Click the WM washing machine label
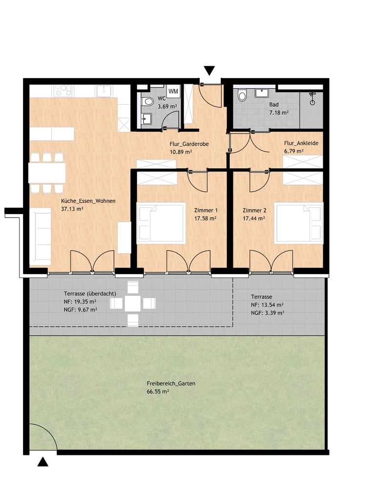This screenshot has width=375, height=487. pos(173,91)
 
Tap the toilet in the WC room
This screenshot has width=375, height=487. pos(147,101)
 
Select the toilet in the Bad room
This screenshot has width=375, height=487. pos(242,95)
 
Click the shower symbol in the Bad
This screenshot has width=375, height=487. pos(312,98)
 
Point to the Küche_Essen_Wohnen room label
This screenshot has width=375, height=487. pos(88,201)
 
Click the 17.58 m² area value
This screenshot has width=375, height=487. pos(206,218)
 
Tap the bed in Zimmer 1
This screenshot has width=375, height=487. pos(161,223)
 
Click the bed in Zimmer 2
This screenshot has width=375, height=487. pos(299,223)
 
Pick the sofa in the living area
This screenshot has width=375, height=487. pos(40,236)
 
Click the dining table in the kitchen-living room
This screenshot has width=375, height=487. pos(47,173)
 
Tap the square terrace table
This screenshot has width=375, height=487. pos(133,303)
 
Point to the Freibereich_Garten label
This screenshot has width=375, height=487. pos(171,384)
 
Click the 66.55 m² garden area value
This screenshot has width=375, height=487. pos(158,391)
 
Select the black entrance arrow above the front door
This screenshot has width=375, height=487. pos(209,71)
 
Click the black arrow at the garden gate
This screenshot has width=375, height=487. pos(42,462)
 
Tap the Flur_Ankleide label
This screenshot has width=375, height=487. pos(301,143)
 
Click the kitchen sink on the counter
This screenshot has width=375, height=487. pos(104,91)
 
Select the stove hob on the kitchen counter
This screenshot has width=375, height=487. pos(64,91)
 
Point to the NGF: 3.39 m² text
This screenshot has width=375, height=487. pos(267,313)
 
